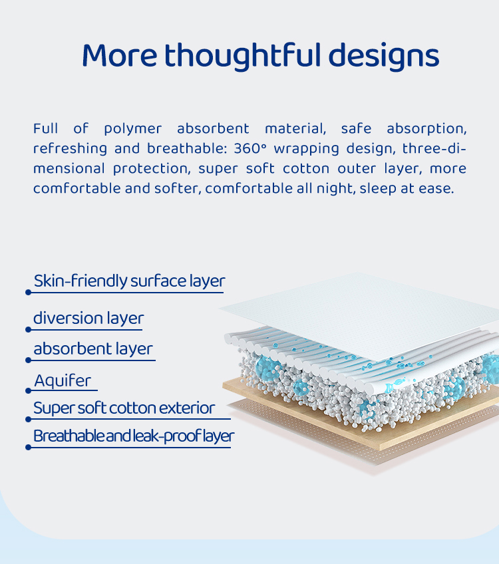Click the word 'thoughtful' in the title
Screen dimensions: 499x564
242,56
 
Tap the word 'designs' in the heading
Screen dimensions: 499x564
384,56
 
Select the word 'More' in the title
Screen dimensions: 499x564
120,56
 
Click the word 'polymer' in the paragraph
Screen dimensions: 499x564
133,129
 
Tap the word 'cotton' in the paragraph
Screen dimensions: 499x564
306,169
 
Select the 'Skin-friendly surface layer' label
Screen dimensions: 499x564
129,281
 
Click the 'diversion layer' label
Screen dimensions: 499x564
88,318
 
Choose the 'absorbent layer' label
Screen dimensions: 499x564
93,349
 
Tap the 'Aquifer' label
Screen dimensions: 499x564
63,380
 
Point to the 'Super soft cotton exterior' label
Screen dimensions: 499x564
124,408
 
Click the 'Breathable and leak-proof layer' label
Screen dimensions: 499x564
134,436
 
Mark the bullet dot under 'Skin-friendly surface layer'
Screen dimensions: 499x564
29,293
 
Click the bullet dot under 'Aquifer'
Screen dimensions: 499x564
29,390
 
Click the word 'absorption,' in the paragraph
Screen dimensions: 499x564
426,129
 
